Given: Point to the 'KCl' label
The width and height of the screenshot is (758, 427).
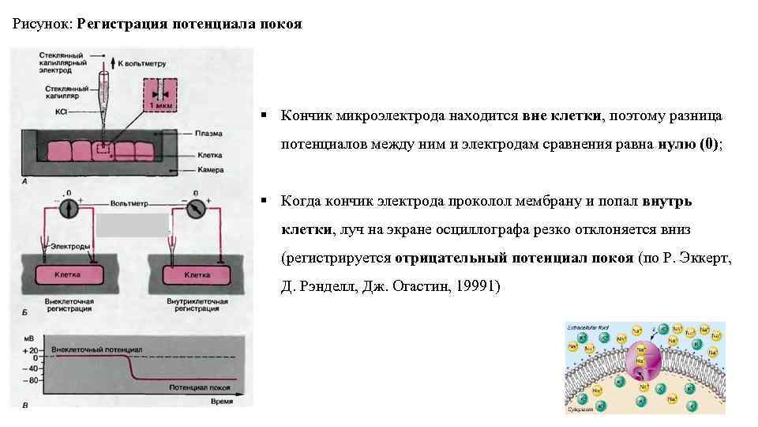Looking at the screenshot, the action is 62,111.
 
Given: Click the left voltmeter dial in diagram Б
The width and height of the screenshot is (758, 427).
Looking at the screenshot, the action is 67,207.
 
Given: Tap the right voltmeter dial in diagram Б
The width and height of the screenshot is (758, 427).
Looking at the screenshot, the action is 194,208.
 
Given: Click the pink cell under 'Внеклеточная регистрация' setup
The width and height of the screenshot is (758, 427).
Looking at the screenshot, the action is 67,274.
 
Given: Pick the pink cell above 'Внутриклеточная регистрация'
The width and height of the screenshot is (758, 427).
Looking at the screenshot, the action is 197,274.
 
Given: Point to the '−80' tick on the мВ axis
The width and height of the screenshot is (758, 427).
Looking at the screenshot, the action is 31,380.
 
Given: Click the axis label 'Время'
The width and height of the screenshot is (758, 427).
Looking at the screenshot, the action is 222,402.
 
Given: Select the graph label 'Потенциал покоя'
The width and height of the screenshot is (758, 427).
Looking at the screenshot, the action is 199,387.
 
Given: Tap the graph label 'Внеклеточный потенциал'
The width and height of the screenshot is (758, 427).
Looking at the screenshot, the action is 96,348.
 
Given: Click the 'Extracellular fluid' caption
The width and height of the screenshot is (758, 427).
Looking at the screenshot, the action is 588,326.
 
